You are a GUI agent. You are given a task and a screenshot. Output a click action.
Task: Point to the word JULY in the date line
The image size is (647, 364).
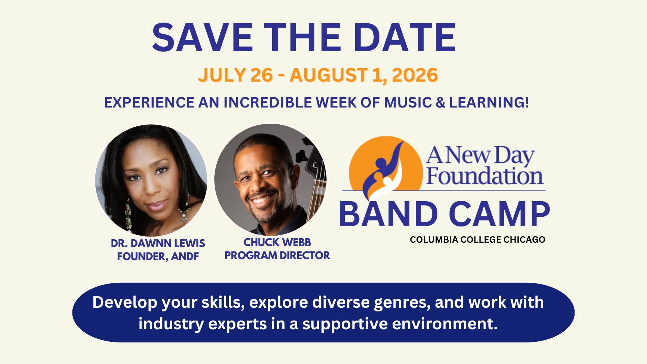tap(222, 75)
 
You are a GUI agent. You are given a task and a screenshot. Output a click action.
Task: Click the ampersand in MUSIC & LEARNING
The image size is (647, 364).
tap(440, 102)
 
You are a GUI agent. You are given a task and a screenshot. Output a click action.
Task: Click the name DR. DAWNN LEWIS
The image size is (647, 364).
tap(158, 243)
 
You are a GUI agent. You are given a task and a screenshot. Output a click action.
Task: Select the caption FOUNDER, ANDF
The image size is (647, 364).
tap(158, 257)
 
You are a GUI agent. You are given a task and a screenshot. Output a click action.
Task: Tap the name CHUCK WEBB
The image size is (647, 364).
tap(277, 242)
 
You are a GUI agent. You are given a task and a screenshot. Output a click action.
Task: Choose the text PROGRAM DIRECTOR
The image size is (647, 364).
tap(277, 255)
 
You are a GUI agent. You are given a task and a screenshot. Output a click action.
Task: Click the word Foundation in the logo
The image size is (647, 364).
tap(485, 176)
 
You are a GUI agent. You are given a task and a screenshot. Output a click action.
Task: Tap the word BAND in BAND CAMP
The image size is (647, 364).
tap(388, 214)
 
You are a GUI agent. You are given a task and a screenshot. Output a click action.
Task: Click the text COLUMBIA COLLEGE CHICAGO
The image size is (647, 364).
tap(477, 240)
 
